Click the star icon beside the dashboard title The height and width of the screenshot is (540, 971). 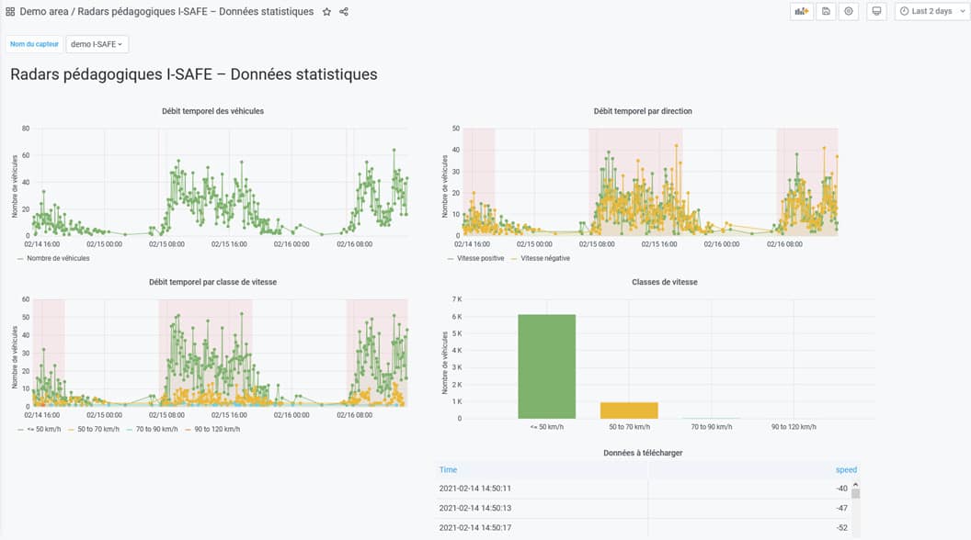326,12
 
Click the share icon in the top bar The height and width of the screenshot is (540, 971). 344,12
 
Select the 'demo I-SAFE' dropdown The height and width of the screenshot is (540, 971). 97,44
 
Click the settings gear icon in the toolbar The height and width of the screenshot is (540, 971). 849,12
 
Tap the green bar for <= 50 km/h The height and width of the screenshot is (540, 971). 546,366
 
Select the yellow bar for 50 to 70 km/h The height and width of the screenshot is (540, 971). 629,411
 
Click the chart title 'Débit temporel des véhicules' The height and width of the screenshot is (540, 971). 212,111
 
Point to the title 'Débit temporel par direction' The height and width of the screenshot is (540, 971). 643,111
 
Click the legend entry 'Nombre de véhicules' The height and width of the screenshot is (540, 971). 58,259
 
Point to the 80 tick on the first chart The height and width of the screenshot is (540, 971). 26,129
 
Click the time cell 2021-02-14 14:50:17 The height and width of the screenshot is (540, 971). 474,527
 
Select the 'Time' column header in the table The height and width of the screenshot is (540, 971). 448,469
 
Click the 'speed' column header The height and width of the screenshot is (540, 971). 846,469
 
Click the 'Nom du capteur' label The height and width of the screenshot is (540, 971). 34,44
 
